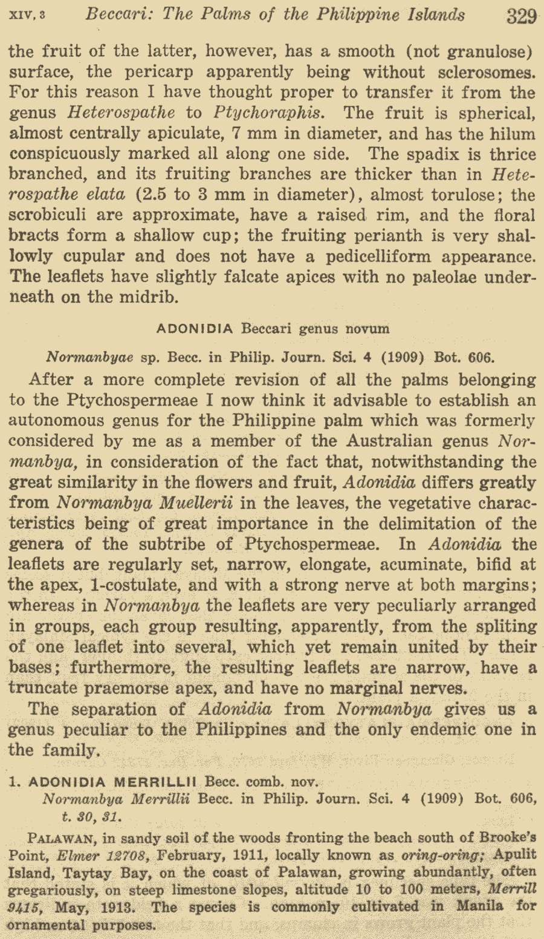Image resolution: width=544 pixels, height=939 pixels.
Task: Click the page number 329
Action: pyautogui.click(x=522, y=16)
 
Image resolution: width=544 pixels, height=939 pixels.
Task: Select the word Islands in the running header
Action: pyautogui.click(x=430, y=15)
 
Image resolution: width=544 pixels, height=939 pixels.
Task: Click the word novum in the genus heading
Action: pyautogui.click(x=368, y=329)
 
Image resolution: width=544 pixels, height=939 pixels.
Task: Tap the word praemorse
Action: pyautogui.click(x=153, y=688)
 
